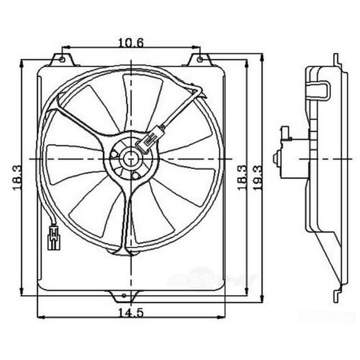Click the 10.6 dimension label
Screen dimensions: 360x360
(x=131, y=43)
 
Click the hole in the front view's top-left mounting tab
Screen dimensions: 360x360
(x=62, y=60)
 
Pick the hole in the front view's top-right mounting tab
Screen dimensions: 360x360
(x=200, y=60)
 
